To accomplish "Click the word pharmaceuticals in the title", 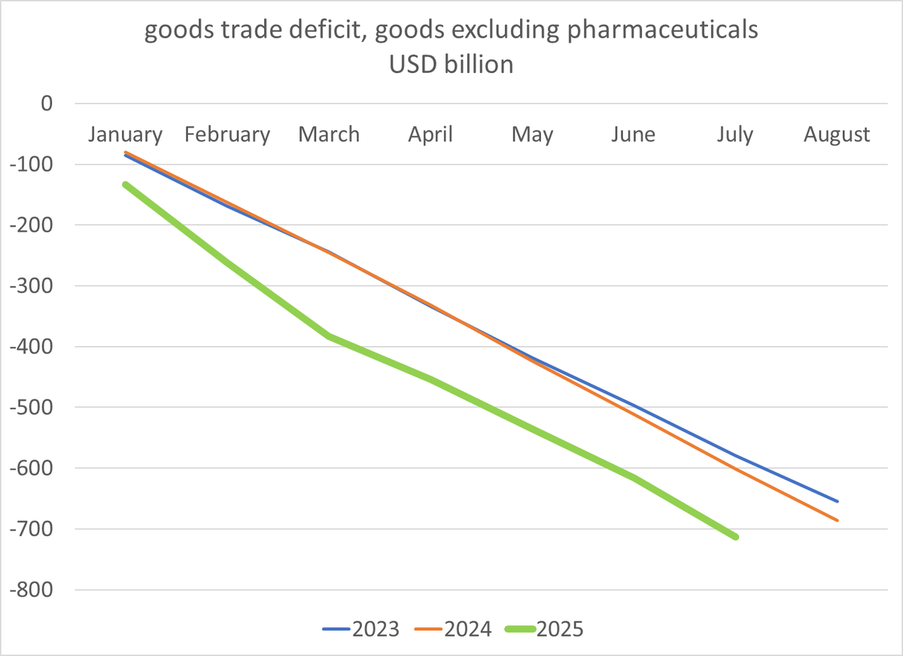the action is pos(662,30).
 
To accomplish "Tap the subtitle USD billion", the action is pos(451,65).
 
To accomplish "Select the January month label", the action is pos(126,135).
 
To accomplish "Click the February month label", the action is pos(227,135).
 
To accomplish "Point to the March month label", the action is pos(329,134).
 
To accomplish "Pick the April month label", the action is pos(430,135).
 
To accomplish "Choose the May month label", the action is pos(533,135).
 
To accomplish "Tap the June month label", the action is pos(634,134).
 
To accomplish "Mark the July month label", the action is pos(735,135).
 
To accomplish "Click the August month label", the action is pos(837,135).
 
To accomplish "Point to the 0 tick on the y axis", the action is pos(47,104).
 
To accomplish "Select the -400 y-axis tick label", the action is pos(31,347).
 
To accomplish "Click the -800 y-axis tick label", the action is pos(31,590).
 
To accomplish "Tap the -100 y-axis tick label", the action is pos(31,165).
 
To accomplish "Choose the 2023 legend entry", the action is pos(360,629).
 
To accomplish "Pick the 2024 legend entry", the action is pos(453,629).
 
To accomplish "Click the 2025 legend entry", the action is pos(544,629).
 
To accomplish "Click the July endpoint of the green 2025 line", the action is pos(736,536).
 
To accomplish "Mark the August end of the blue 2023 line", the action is pos(838,501).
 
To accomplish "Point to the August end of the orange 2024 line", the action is pos(838,521).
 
